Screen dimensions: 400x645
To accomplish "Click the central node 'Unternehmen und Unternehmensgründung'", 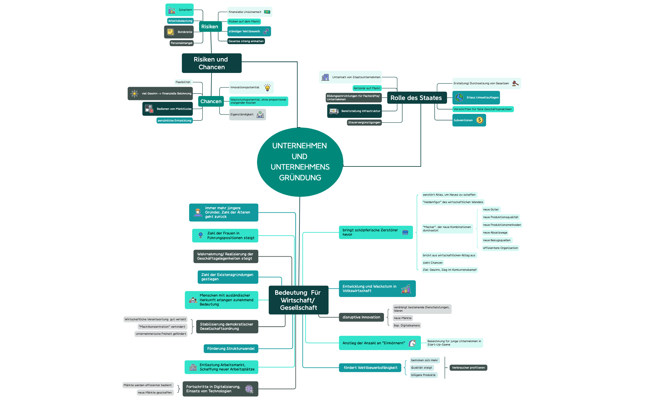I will [x=300, y=162].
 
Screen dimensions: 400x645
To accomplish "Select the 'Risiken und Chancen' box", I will [x=212, y=63].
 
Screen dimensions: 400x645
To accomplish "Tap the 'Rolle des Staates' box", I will [x=416, y=98].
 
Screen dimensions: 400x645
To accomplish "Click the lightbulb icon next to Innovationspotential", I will [x=267, y=88].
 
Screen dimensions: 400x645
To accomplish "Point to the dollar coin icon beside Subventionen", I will [x=480, y=120].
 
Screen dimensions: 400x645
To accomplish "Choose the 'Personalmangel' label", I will [x=181, y=43].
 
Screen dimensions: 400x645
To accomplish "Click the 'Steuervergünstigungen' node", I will [x=364, y=122].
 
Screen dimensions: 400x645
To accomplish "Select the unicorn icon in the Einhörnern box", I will [x=412, y=343].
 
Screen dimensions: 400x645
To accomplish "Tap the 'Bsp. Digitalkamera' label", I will [x=406, y=326].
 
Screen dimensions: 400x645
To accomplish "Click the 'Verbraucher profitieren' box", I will [x=468, y=368].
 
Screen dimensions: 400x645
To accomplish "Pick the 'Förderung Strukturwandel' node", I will [x=231, y=349].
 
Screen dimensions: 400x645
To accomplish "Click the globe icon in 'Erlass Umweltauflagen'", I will [x=459, y=98].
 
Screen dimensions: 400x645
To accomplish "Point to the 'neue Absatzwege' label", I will [x=495, y=233].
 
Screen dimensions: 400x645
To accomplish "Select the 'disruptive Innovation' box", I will [x=361, y=317].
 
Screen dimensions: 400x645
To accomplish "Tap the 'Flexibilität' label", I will [x=183, y=82].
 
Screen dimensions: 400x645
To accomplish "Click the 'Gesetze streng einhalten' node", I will [x=246, y=41].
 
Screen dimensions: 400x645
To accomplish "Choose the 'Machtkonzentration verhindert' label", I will [x=162, y=327].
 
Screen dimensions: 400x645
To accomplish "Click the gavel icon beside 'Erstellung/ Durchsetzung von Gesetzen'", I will [x=515, y=83].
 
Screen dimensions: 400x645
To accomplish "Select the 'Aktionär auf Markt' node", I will [x=367, y=88].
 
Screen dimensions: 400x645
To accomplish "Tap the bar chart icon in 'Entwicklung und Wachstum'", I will [x=406, y=289].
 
